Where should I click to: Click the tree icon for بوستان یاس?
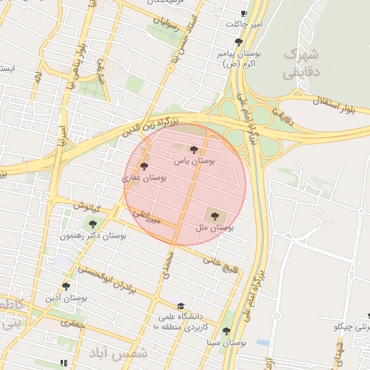[x=194, y=150]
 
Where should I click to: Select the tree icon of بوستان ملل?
[x=213, y=215]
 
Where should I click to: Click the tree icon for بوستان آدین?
[x=66, y=286]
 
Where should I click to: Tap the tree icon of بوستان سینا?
[x=227, y=331]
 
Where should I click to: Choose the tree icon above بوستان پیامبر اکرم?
[x=238, y=42]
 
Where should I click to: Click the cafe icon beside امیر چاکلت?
[x=244, y=14]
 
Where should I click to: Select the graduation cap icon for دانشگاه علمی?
[x=181, y=306]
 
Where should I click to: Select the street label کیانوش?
[x=88, y=205]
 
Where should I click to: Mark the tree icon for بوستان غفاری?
[x=145, y=166]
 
